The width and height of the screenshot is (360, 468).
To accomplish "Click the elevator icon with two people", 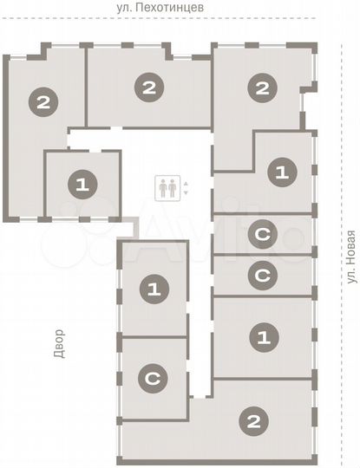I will pyautogui.click(x=167, y=187).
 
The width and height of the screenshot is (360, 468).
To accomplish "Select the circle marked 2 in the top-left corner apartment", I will pyautogui.click(x=43, y=102).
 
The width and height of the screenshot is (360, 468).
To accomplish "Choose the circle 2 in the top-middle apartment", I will pyautogui.click(x=150, y=87).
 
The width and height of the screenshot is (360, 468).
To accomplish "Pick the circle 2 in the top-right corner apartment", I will pyautogui.click(x=261, y=87).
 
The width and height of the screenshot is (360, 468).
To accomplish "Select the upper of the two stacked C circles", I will pyautogui.click(x=261, y=233).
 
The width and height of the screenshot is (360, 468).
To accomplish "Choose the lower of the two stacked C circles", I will pyautogui.click(x=261, y=276).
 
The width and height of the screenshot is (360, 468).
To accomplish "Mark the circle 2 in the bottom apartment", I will pyautogui.click(x=253, y=422).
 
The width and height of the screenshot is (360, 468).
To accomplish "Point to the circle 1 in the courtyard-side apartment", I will pyautogui.click(x=154, y=289).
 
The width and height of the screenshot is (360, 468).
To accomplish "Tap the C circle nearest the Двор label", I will pyautogui.click(x=153, y=378).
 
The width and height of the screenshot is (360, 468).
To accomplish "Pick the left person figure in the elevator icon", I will pyautogui.click(x=162, y=187).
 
